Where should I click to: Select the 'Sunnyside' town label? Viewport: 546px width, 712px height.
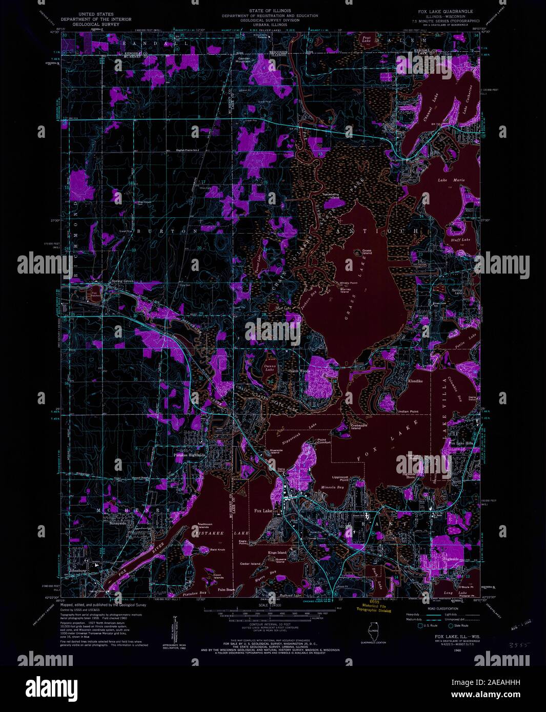pos(117,523)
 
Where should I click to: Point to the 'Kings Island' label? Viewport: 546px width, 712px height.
pos(277,553)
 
